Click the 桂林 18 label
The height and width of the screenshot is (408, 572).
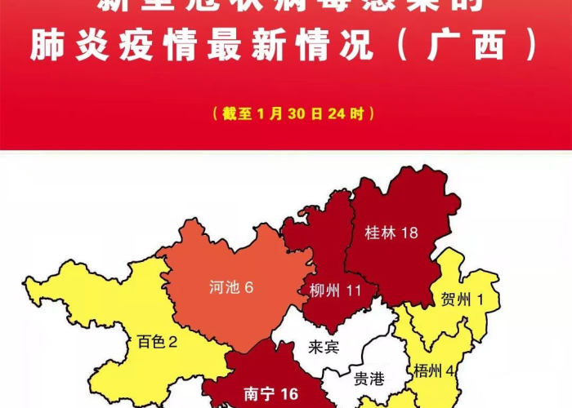tap(391, 233)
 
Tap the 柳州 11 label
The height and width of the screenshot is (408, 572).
tap(336, 290)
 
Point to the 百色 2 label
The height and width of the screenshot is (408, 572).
tap(157, 341)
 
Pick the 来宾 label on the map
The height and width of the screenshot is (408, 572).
tap(324, 348)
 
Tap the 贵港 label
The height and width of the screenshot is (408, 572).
tap(368, 378)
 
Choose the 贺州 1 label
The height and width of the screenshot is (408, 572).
tap(462, 299)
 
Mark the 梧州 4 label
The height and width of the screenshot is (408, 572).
tap(435, 371)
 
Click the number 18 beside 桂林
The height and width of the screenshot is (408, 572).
tap(409, 233)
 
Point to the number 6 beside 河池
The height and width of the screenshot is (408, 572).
tap(249, 287)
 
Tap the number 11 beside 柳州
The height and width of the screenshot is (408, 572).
tap(354, 290)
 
